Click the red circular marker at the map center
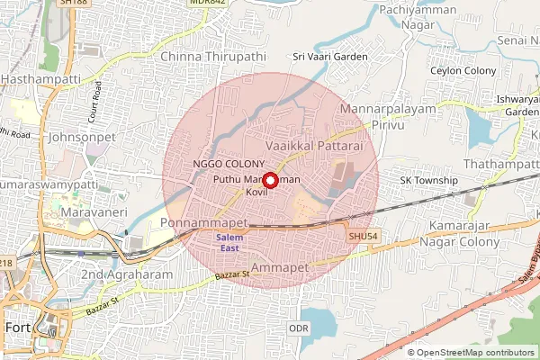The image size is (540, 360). pyautogui.click(x=269, y=180)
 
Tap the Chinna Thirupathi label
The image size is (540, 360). pyautogui.click(x=213, y=56)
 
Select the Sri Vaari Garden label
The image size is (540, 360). pyautogui.click(x=327, y=56)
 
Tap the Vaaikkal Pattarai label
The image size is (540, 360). pyautogui.click(x=314, y=144)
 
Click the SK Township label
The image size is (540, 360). pyautogui.click(x=429, y=181)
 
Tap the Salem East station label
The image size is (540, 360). pyautogui.click(x=230, y=242)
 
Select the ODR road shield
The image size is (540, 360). pyautogui.click(x=299, y=328)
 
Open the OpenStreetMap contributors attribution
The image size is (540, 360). pyautogui.click(x=476, y=353)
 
